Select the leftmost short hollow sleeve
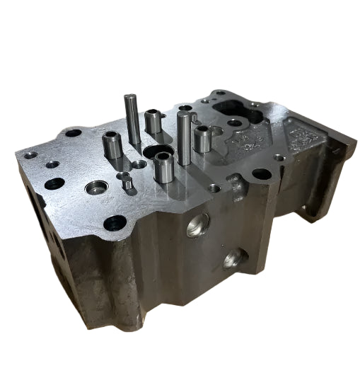(110, 147)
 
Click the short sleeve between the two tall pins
(153, 121)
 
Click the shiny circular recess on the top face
(93, 188)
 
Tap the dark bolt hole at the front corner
(112, 225)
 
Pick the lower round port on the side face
(231, 261)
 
